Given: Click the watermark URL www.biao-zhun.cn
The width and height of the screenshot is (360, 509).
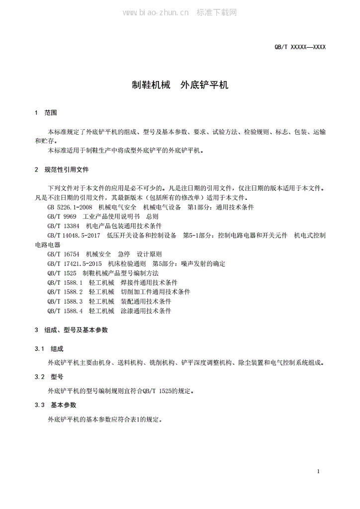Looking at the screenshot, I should coord(155,12).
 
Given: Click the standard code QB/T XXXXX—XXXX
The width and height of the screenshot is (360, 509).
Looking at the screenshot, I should coord(300,47).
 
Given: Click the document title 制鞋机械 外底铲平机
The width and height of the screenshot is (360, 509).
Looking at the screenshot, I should coord(180,85).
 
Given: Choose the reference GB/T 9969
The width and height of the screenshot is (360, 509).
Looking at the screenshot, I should coord(62,217).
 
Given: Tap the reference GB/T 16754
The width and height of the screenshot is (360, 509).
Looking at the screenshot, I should coord(64,254).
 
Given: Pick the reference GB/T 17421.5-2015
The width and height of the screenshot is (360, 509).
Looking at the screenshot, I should coord(75,263).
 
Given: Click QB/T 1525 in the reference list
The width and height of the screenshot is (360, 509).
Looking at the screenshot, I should coord(62,273).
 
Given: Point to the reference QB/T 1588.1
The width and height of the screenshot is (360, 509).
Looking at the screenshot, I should coord(65,282).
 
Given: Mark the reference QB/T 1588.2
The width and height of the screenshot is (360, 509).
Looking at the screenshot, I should coord(65,292).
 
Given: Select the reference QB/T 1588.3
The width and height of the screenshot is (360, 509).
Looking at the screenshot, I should coord(65,301).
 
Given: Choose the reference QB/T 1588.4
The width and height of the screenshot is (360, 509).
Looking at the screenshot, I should coord(65,311).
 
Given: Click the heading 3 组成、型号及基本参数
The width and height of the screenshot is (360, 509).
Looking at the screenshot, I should coord(72,330).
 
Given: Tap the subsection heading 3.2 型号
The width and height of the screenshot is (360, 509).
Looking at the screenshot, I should coord(49,377).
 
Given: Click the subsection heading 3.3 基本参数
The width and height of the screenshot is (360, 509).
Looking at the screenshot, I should coord(56,405).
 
